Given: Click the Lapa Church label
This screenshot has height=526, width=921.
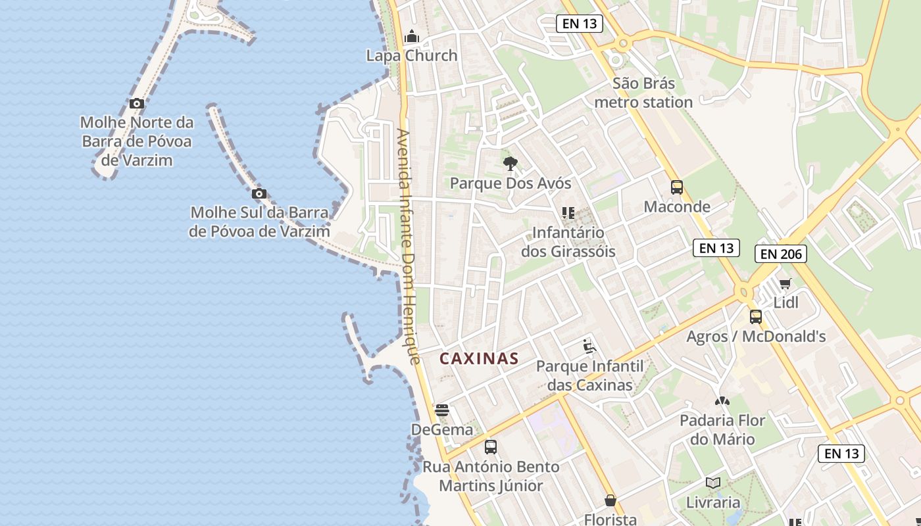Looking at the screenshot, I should coord(412,56).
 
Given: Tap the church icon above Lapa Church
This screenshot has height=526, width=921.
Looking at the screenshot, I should coord(412,36).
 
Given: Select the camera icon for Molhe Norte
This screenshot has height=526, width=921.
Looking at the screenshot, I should coord(137,103).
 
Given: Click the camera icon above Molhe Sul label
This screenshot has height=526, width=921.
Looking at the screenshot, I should coord(259,193).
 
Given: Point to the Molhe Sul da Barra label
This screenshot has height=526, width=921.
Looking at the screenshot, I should coord(259,222).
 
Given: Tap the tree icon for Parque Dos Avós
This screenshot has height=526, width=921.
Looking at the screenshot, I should coord(510,164).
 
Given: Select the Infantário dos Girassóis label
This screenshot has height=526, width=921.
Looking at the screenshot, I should coord(568,242).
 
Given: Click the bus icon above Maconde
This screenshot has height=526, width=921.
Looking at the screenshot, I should coord(677,187).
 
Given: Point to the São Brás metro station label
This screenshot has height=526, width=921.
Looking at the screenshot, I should coord(643,93).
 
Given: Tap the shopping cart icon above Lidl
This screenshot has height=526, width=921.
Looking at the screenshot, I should coord(785,284).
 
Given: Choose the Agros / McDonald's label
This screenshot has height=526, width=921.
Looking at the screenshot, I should coord(756,337).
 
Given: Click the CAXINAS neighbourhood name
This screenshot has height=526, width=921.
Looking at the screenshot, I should coord(479,359).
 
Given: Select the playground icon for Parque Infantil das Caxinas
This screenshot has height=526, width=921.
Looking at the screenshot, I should coord(589,347).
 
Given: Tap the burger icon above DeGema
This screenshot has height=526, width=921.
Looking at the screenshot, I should coord(442,411).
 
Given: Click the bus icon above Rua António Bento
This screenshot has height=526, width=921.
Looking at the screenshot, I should coord(491,448).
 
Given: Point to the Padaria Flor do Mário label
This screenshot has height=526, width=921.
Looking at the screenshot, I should coord(722,430).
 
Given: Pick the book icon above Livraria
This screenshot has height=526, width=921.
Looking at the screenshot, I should coord(713,483).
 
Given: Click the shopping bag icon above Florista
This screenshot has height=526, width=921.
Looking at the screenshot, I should coord(610,501).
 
